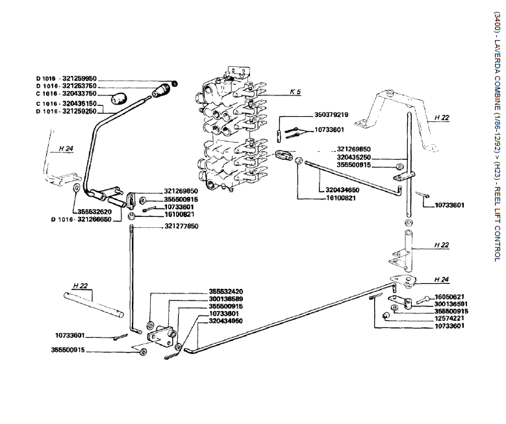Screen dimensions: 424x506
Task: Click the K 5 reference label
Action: [295, 92]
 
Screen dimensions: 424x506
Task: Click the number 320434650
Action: [339, 190]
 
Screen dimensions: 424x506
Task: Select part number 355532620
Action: [93, 211]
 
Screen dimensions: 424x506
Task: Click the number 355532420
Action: [226, 291]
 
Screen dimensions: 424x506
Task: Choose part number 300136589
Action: [226, 299]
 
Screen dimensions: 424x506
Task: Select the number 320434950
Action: [226, 321]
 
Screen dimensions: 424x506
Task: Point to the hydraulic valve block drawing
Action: [231, 130]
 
